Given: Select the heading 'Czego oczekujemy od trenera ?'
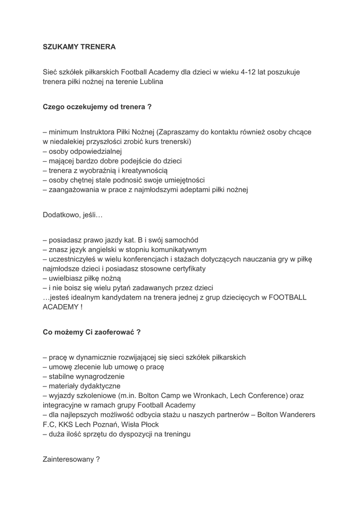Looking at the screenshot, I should (x=97, y=106).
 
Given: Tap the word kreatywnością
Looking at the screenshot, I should (x=146, y=170).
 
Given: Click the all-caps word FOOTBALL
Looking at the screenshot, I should (x=283, y=297).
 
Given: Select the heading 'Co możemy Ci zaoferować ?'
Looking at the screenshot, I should (x=91, y=332).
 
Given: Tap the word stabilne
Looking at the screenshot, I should (x=62, y=376).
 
